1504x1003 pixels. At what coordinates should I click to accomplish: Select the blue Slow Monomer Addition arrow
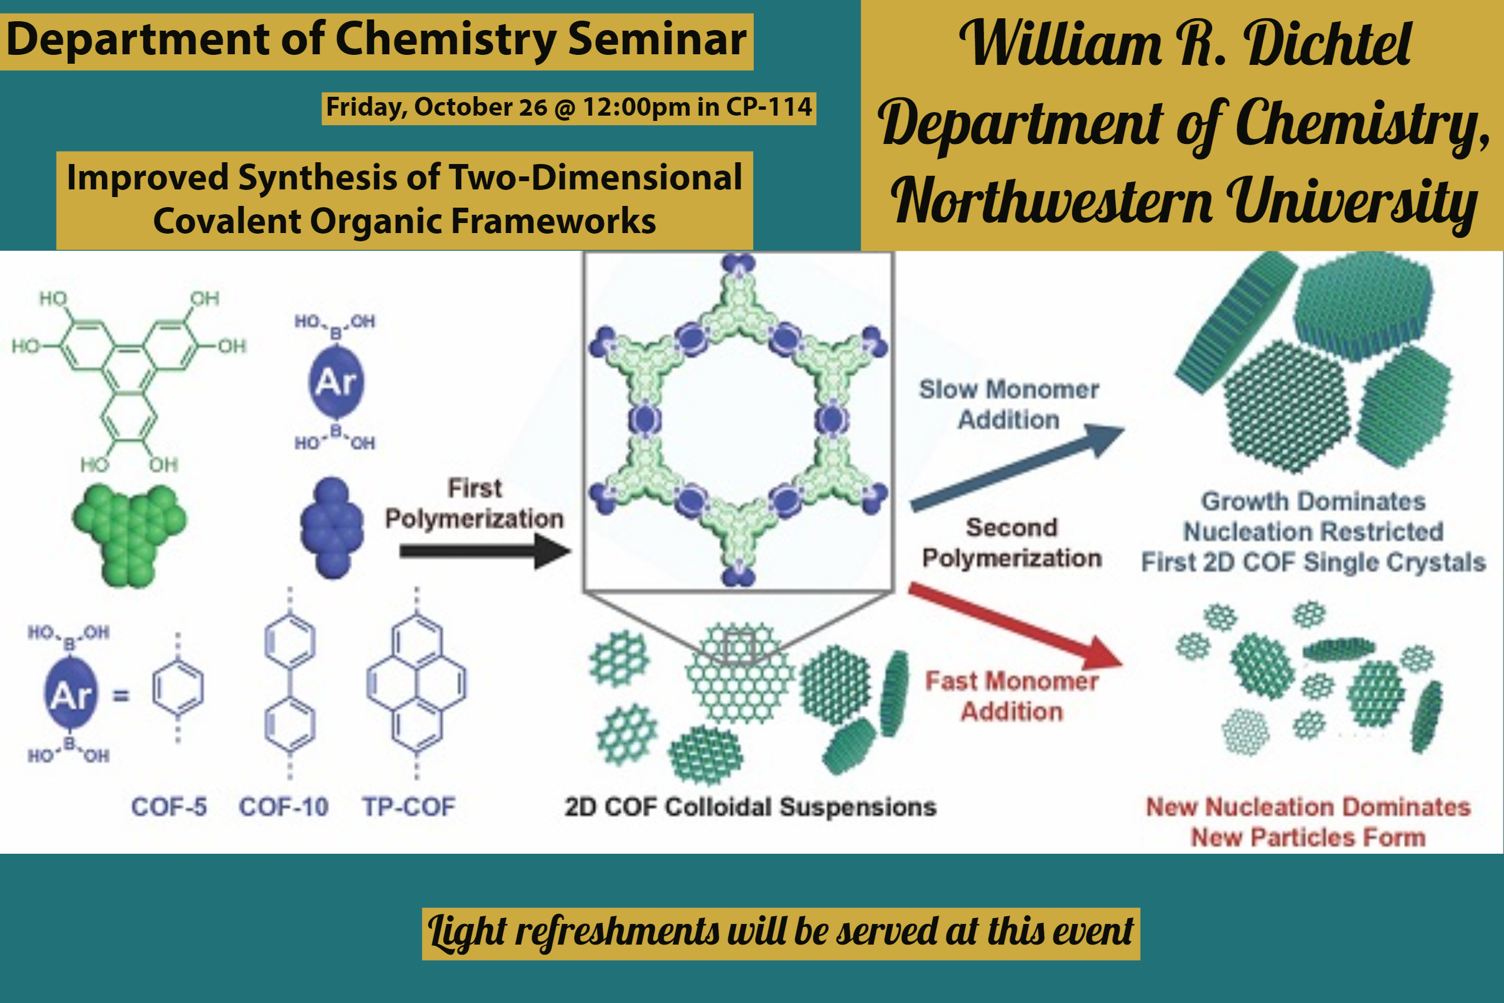click(1017, 468)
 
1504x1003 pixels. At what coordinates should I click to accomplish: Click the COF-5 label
click(169, 807)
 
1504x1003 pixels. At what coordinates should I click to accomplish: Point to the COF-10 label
click(283, 807)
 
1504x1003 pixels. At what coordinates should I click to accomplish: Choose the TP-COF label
click(409, 807)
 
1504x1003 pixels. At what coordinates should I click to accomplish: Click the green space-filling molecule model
click(130, 535)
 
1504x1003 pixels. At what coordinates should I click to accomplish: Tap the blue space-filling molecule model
click(332, 527)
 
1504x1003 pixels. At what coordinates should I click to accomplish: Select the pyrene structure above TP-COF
click(417, 683)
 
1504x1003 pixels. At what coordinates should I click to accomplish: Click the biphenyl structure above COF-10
click(290, 683)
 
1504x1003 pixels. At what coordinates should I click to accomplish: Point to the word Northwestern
click(1051, 202)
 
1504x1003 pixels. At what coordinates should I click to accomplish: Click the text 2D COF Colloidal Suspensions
click(750, 807)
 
